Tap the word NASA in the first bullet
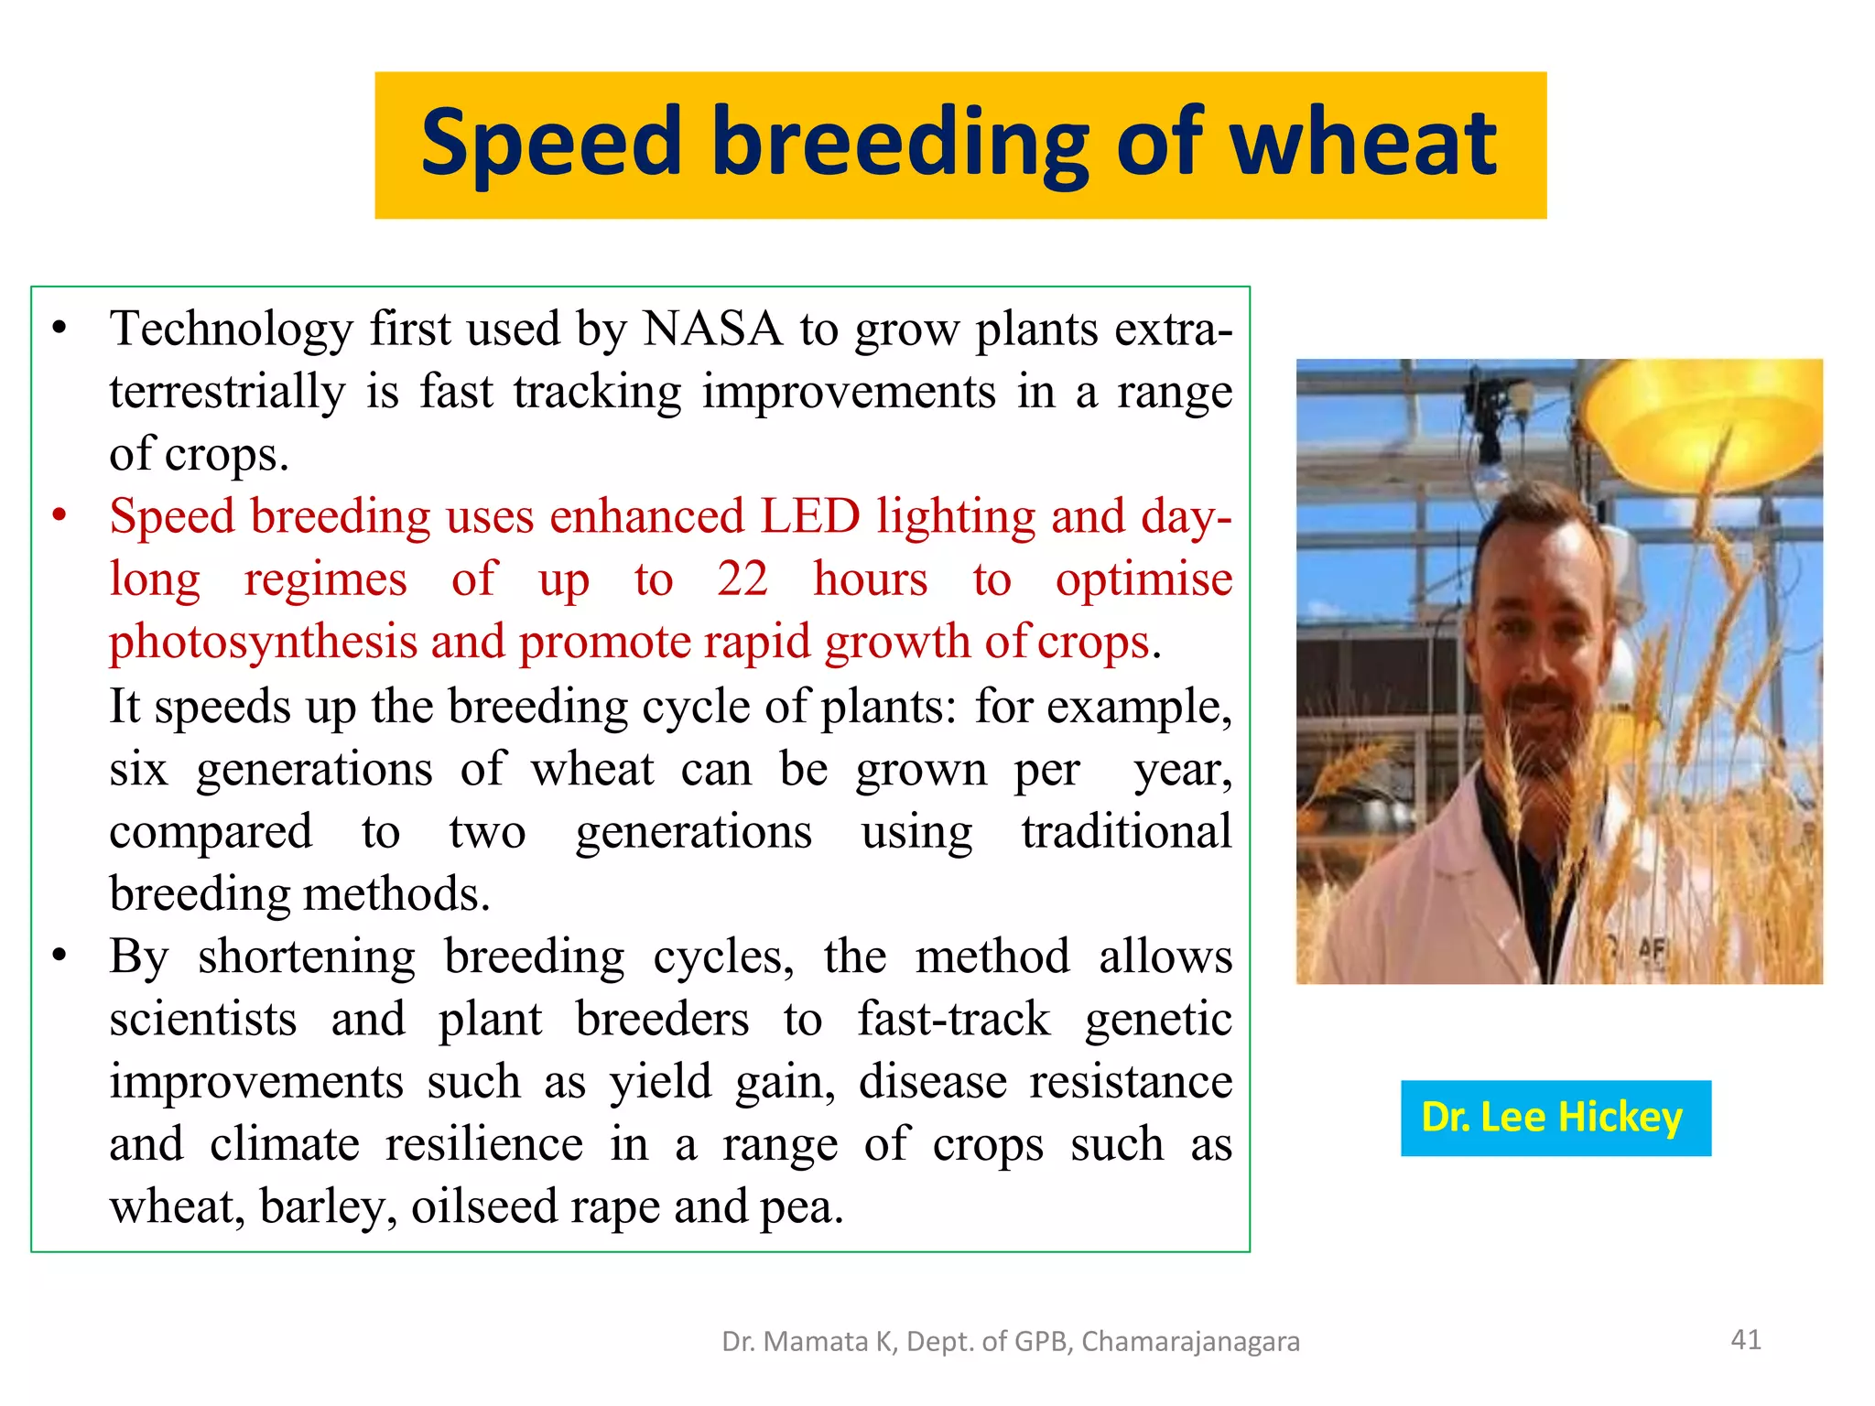[712, 329]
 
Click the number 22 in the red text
[742, 579]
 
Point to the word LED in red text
[810, 516]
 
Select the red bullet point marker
[60, 516]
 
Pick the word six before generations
[138, 769]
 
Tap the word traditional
[1126, 832]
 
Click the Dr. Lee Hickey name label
[1555, 1118]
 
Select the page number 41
[1745, 1340]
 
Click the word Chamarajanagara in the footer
[1190, 1342]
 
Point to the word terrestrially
[227, 392]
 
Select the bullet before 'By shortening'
[60, 957]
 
